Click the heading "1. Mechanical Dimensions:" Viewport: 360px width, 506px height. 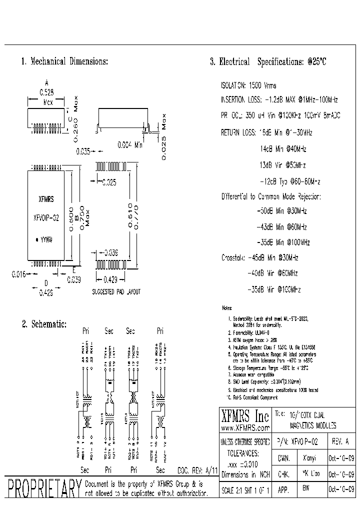[64, 61]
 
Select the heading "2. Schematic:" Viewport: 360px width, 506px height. [44, 324]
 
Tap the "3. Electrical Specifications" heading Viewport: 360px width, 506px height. [268, 62]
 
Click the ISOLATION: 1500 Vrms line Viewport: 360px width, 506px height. [248, 85]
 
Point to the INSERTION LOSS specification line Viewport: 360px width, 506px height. [279, 100]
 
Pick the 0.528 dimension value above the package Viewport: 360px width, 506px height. [46, 92]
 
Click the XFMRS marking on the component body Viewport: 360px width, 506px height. [46, 198]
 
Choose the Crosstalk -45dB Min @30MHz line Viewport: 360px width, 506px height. [260, 258]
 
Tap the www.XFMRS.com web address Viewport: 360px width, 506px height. [245, 428]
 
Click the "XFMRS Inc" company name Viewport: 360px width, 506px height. [245, 416]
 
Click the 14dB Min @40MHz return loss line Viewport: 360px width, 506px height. [283, 149]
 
